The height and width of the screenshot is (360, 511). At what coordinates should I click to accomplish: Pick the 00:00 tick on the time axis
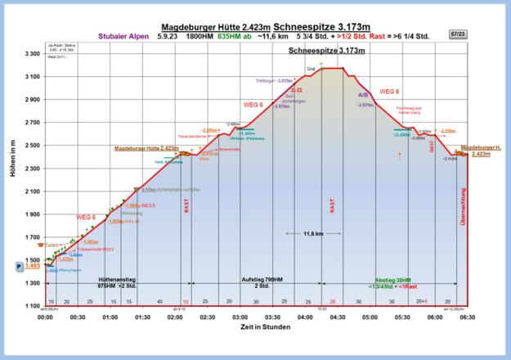[46, 317]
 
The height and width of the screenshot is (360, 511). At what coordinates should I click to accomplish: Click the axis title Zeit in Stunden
[255, 327]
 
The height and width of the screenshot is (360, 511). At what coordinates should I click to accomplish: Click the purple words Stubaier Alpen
[123, 37]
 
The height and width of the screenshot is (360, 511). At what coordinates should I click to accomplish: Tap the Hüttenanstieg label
[117, 280]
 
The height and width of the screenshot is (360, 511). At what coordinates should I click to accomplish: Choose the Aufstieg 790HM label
[262, 280]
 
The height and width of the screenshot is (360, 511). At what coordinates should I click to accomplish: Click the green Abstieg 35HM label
[393, 280]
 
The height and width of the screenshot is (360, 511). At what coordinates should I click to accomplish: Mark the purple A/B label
[364, 95]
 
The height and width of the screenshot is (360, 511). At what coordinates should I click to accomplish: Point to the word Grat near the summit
[311, 68]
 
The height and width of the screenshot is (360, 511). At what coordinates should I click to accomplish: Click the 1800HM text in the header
[199, 37]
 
